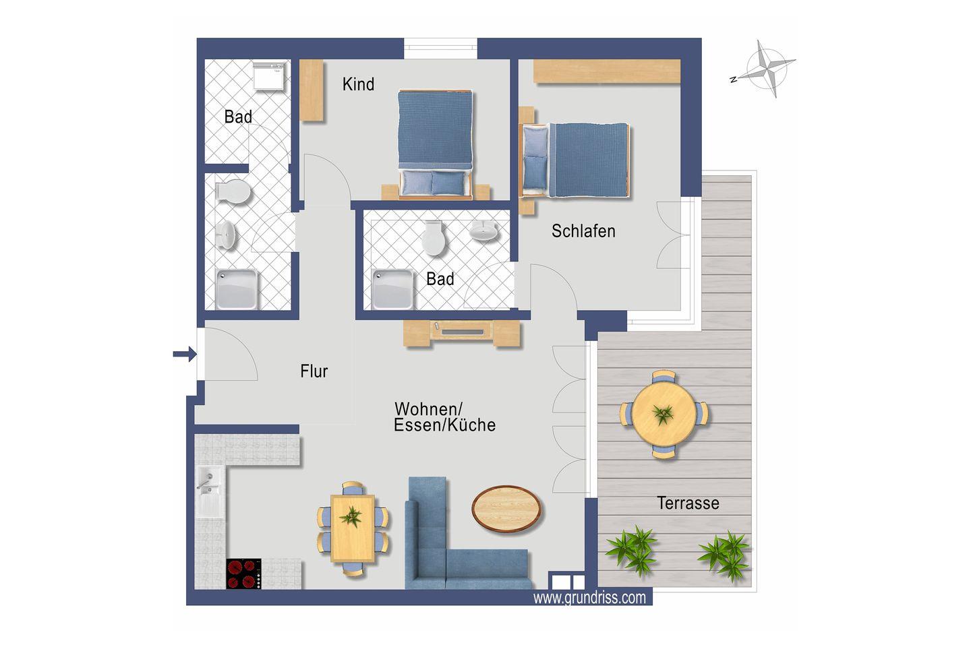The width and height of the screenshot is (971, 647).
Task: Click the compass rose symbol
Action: pyautogui.click(x=767, y=69)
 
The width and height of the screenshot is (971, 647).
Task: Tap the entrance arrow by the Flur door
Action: pyautogui.click(x=185, y=354)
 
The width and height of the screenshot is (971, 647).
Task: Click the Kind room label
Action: pyautogui.click(x=358, y=84)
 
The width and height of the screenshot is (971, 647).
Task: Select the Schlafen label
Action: pyautogui.click(x=583, y=231)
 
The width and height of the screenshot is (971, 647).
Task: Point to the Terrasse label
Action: pyautogui.click(x=688, y=503)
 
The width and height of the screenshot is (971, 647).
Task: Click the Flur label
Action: pyautogui.click(x=314, y=371)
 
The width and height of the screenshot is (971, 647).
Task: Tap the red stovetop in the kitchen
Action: pyautogui.click(x=243, y=574)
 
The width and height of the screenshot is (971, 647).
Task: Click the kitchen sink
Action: pyautogui.click(x=210, y=491)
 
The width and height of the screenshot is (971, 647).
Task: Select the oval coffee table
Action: pyautogui.click(x=506, y=508)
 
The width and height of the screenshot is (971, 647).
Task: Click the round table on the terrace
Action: pyautogui.click(x=664, y=414)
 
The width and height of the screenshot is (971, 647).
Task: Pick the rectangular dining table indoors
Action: pyautogui.click(x=353, y=528)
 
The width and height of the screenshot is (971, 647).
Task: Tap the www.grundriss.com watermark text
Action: pyautogui.click(x=589, y=598)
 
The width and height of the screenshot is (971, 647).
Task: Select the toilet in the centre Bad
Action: pyautogui.click(x=434, y=238)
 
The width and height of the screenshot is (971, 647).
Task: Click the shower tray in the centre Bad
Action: pyautogui.click(x=392, y=290)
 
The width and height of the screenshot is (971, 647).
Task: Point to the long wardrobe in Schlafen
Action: pyautogui.click(x=606, y=71)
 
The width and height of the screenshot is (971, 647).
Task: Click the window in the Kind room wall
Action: pyautogui.click(x=440, y=48)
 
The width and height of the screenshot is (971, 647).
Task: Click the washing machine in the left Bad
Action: pyautogui.click(x=269, y=77)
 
